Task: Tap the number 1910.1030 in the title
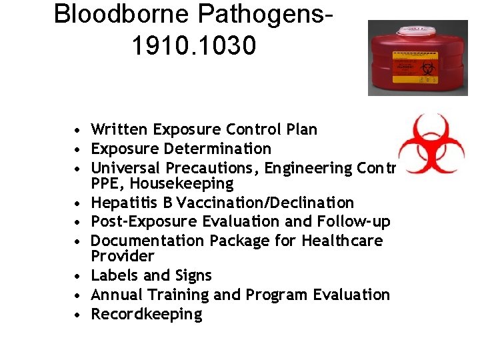point(194,46)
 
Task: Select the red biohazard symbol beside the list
point(430,143)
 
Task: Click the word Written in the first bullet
point(120,129)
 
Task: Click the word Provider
point(123,256)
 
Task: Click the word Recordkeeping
point(146,315)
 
